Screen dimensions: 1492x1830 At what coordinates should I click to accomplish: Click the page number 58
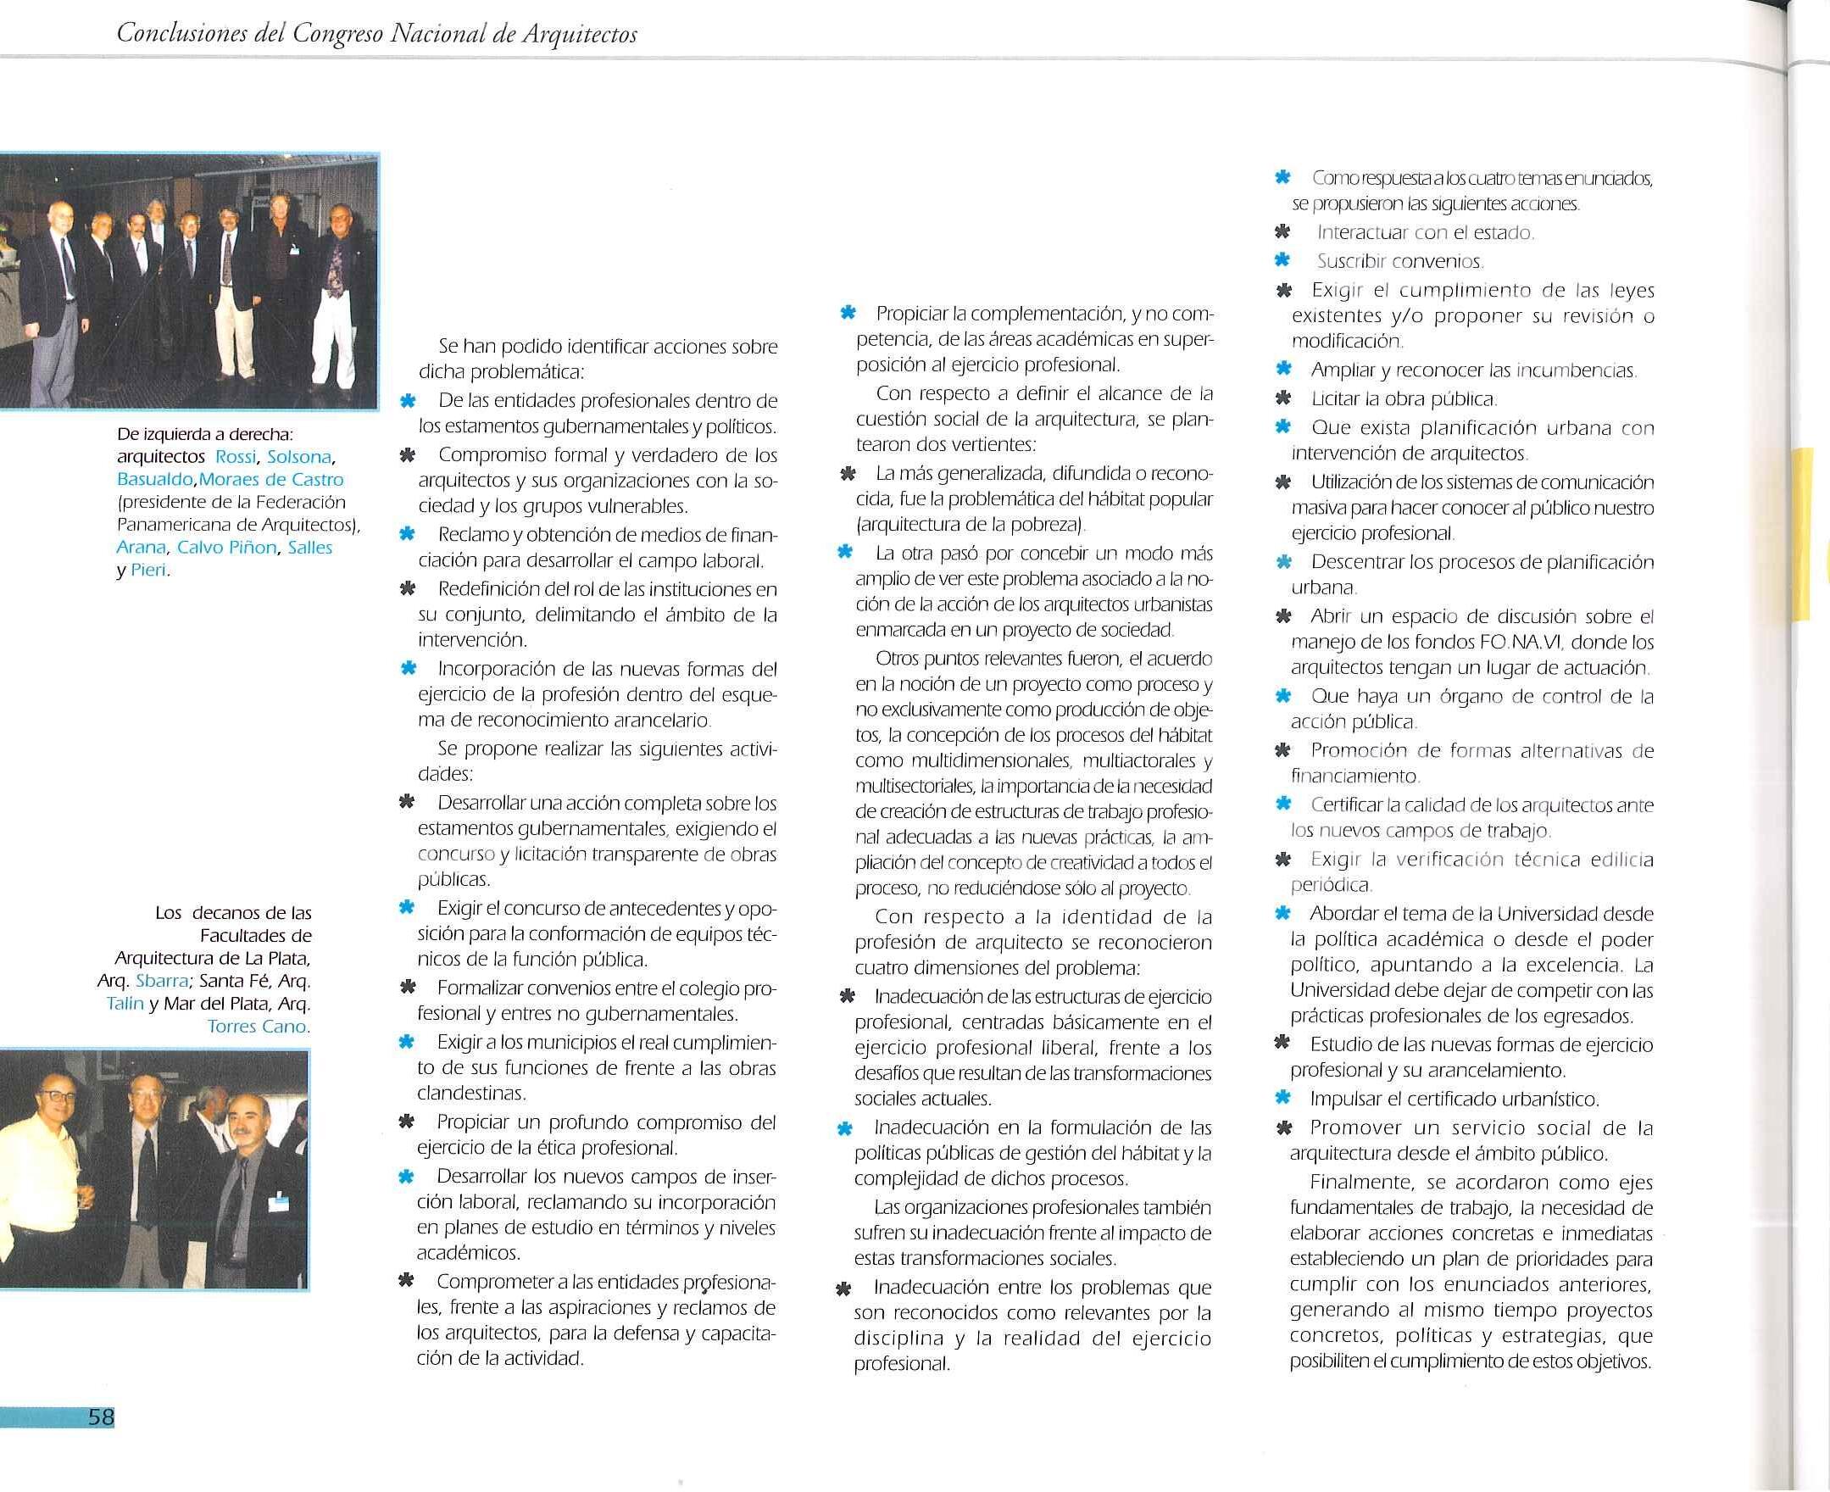pos(101,1417)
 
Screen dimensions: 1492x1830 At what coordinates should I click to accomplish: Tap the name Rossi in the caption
pos(236,456)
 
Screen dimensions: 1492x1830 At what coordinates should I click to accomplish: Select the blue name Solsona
pos(299,456)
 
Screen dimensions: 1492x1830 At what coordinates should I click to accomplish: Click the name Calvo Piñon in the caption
pos(228,548)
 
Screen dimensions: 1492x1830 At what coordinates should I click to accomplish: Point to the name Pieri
pos(148,571)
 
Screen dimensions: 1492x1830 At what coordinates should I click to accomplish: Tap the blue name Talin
pos(125,1003)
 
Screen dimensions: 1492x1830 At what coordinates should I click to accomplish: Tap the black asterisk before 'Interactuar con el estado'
pos(1282,232)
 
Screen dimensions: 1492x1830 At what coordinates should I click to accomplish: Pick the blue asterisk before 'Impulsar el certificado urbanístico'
pos(1282,1098)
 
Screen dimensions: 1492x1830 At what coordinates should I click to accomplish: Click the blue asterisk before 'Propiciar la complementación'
pos(847,314)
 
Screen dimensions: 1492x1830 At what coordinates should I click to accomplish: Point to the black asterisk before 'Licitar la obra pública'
pos(1282,398)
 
